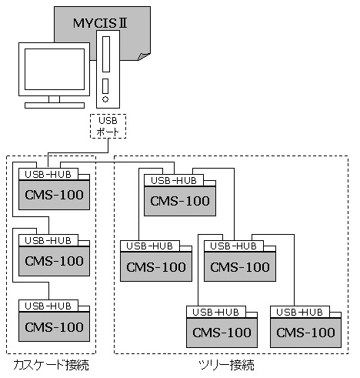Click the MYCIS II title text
pyautogui.click(x=100, y=23)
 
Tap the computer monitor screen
pyautogui.click(x=55, y=69)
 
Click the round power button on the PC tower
pyautogui.click(x=105, y=99)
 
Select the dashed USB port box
pyautogui.click(x=108, y=126)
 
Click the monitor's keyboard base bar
pyautogui.click(x=55, y=105)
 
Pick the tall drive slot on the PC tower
pyautogui.click(x=106, y=54)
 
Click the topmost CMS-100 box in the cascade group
pyautogui.click(x=54, y=195)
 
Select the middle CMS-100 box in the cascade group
pyautogui.click(x=54, y=261)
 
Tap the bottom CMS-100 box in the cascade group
pyautogui.click(x=54, y=326)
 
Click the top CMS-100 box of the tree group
pyautogui.click(x=180, y=201)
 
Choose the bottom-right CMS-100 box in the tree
pyautogui.click(x=305, y=333)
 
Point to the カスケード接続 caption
pyautogui.click(x=51, y=365)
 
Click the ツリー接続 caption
pyautogui.click(x=226, y=365)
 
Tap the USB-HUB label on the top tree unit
pyautogui.click(x=174, y=181)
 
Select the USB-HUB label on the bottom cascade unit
pyautogui.click(x=48, y=306)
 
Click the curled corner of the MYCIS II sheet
pyautogui.click(x=144, y=56)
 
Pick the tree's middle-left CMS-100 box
pyautogui.click(x=156, y=267)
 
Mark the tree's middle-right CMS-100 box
pyautogui.click(x=240, y=267)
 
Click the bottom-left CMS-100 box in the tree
pyautogui.click(x=222, y=333)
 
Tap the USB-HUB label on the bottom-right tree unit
pyautogui.click(x=299, y=312)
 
